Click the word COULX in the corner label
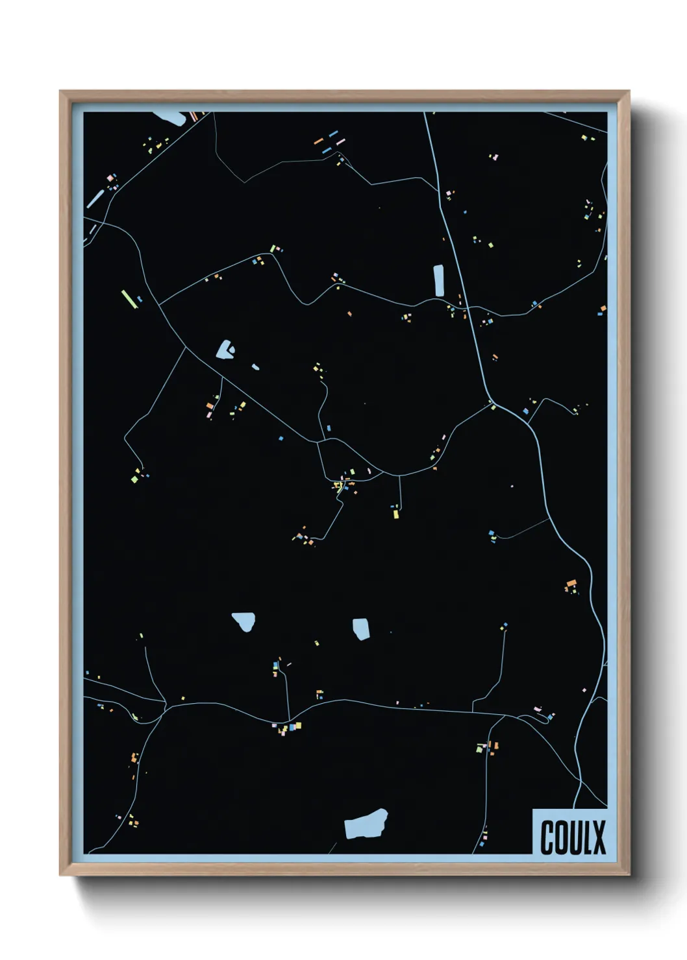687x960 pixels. (x=573, y=837)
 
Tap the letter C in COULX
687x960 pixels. (x=547, y=837)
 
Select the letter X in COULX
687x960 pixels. (x=599, y=837)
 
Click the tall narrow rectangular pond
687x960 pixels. (x=438, y=280)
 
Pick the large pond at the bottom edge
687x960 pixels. (x=366, y=824)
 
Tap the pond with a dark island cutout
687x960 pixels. (x=226, y=350)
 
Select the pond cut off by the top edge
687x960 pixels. (x=169, y=117)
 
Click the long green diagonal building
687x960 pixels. (x=129, y=299)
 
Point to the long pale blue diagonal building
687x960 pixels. (x=95, y=198)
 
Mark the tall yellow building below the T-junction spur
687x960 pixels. (x=395, y=514)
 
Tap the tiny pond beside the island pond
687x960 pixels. (x=255, y=367)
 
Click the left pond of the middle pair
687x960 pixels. (x=244, y=621)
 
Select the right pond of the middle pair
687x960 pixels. (x=362, y=629)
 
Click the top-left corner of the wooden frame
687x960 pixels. (x=61, y=92)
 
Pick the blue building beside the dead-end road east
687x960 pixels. (x=492, y=534)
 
